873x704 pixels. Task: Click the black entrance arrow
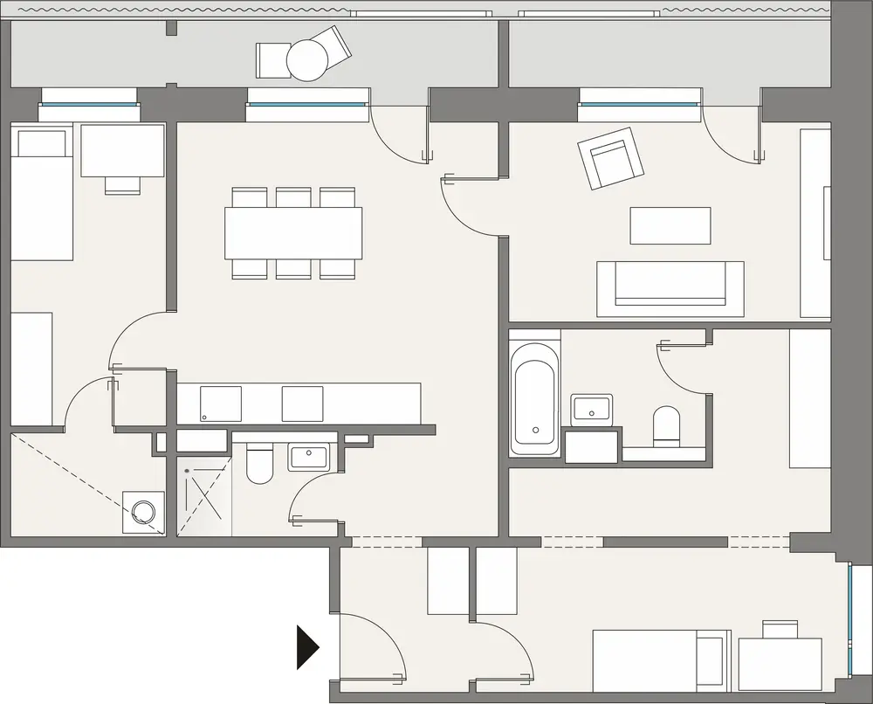307,647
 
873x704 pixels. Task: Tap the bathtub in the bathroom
534,398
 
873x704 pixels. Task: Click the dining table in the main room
293,232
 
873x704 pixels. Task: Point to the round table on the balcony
307,60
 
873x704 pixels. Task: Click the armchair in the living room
610,157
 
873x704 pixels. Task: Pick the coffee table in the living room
670,225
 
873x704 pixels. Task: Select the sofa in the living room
670,287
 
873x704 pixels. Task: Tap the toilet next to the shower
260,466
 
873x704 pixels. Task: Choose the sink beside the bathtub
592,409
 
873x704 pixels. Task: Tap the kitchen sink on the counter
220,404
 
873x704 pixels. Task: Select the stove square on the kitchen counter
303,404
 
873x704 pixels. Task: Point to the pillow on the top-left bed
42,142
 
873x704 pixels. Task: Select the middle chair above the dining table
293,197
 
